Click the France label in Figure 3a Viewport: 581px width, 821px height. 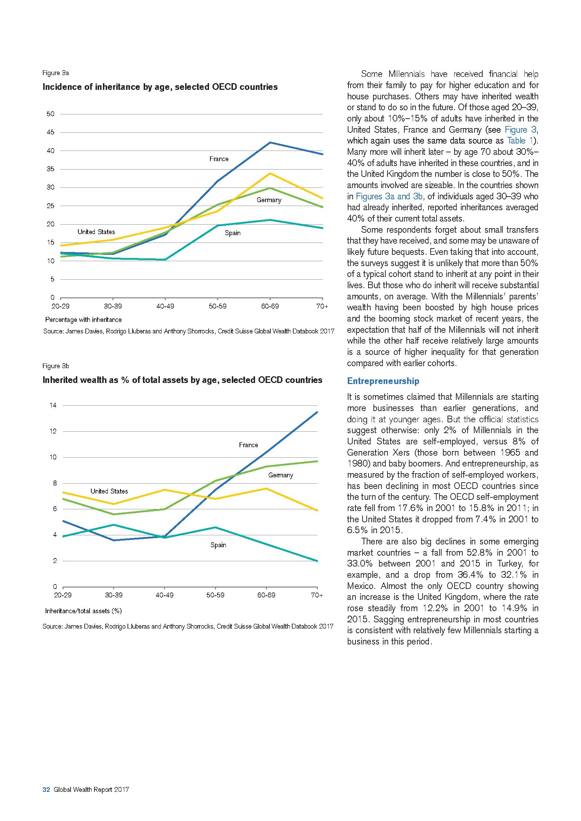pos(218,159)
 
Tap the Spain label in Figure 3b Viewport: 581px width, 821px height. pos(218,545)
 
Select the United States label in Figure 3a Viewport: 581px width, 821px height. pos(96,232)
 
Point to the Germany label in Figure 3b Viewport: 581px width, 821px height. pos(280,475)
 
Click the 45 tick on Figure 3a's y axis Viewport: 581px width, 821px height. pos(51,132)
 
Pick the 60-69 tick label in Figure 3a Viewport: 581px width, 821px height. pos(270,306)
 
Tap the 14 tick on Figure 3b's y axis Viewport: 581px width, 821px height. pos(53,405)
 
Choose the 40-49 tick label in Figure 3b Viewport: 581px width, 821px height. pos(164,595)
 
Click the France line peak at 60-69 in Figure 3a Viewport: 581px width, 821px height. pos(270,143)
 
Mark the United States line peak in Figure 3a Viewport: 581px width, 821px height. pos(270,173)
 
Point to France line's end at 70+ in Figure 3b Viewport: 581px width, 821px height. pos(317,412)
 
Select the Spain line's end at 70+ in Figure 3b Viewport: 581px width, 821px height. pos(317,561)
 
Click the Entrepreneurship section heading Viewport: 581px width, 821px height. pos(383,381)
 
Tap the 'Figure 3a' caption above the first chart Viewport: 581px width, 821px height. pos(56,73)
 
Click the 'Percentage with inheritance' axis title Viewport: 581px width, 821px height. pos(83,320)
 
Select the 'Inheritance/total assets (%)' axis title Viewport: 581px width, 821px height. pos(83,611)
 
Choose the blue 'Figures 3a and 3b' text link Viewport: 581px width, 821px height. pos(389,196)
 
